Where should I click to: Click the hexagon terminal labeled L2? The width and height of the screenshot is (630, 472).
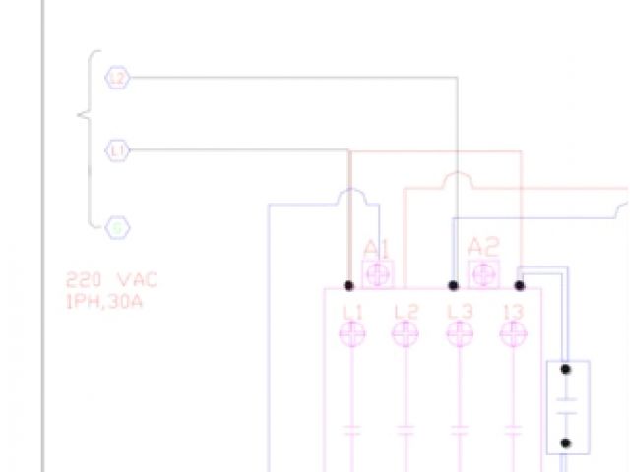coord(118,78)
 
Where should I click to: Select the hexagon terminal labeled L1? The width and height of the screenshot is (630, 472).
coord(118,151)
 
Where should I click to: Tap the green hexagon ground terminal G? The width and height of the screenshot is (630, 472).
coord(118,228)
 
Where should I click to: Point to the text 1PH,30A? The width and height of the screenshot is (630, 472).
coord(104,300)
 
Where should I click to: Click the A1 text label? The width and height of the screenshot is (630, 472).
coord(378,247)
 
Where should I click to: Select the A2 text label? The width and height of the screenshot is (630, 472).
coord(483,247)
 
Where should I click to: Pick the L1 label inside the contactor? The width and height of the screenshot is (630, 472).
coord(352,311)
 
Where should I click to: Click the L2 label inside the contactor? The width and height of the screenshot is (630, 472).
coord(406,311)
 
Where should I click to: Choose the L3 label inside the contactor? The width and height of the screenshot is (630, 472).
coord(459,311)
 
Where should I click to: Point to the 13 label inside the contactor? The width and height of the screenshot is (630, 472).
coord(512,311)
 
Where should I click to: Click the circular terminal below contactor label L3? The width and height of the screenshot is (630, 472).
coord(459,335)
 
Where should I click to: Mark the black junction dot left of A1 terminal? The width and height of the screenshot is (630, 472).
coord(349,286)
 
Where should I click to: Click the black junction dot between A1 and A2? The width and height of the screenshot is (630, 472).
coord(454,286)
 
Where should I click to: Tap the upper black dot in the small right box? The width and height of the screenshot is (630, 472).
coord(566,370)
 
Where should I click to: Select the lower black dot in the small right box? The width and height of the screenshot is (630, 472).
coord(566,443)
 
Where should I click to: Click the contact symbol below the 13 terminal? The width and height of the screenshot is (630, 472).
coord(512,430)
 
